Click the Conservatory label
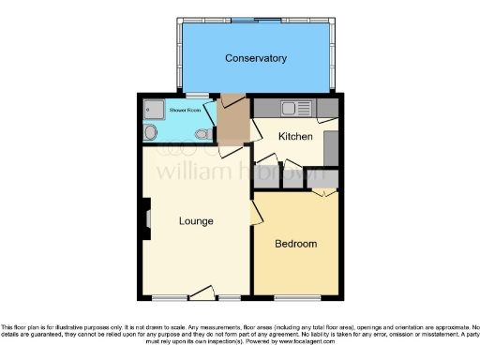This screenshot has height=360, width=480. [255, 58]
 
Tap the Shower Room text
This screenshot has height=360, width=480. [185, 110]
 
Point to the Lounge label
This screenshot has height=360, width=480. [196, 221]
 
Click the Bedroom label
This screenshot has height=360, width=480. [295, 244]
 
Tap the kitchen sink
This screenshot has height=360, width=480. [291, 108]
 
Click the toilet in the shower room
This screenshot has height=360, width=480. [202, 134]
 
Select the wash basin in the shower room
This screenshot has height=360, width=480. [151, 133]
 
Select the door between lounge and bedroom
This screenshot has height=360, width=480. [255, 215]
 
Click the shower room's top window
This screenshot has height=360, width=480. [197, 96]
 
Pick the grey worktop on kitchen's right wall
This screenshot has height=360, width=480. [331, 147]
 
